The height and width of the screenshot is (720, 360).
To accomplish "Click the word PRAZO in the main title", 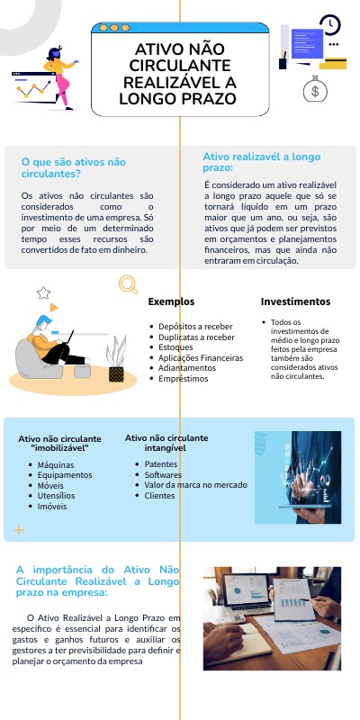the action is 212,97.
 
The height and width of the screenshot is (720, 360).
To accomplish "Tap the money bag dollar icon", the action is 315,90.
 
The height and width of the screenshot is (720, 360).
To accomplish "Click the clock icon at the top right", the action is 330,25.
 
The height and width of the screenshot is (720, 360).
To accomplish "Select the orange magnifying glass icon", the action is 128,284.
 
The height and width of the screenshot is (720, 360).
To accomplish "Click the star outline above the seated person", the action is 42,293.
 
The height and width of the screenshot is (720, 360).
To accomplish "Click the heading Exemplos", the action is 171,301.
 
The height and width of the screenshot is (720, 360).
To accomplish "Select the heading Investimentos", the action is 295,301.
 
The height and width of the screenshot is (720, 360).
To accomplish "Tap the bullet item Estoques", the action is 175,347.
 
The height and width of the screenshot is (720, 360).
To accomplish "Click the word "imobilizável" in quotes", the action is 59,447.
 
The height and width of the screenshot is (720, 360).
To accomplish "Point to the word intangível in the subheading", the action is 166,447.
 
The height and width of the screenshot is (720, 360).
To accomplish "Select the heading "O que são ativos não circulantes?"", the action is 74,167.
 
